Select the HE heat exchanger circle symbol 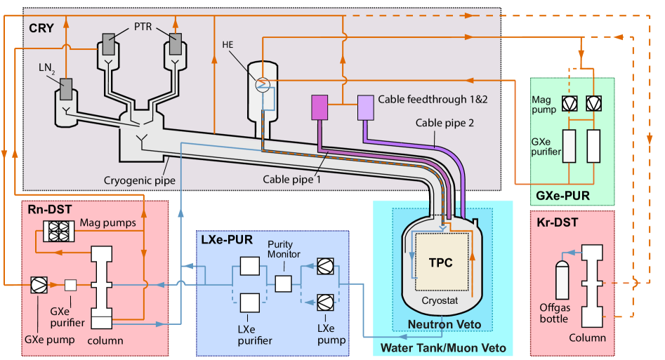[261, 84]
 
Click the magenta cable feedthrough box [320, 107]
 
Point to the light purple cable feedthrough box [366, 107]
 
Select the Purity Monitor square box [283, 284]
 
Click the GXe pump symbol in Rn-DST [39, 285]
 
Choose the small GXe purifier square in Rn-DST [70, 285]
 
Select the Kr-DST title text [555, 222]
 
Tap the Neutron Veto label [445, 324]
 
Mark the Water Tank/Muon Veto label [442, 348]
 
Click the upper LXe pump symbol [325, 267]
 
